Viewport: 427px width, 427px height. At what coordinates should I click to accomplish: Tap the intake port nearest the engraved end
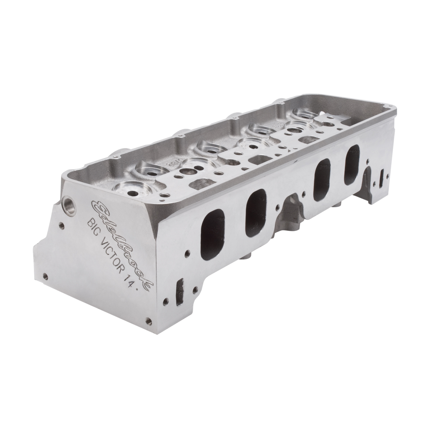[x=213, y=235]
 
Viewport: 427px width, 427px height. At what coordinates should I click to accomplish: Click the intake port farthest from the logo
[x=352, y=164]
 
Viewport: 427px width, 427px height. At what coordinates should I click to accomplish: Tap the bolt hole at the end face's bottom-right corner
[x=147, y=320]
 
